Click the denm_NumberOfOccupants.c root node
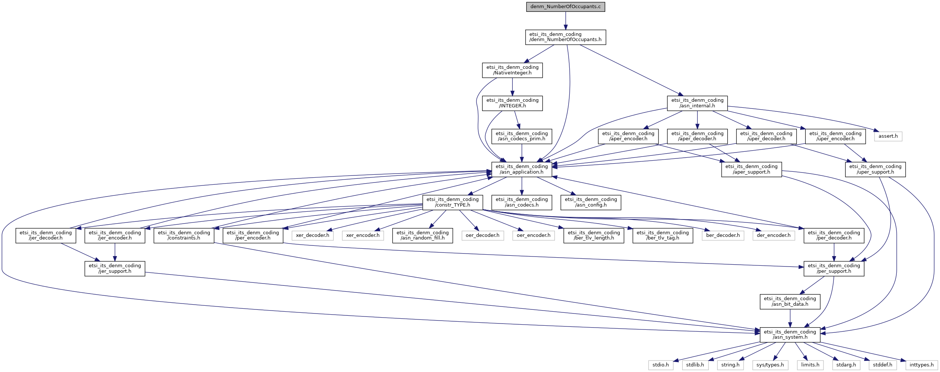[565, 7]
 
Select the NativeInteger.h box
[512, 70]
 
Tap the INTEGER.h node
[512, 103]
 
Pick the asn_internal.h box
[697, 103]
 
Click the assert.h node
[888, 136]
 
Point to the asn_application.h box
[521, 169]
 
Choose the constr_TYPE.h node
[452, 202]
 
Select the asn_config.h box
[590, 202]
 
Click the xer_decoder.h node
[312, 235]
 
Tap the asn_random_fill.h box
[422, 235]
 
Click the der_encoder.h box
[773, 235]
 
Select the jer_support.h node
[115, 268]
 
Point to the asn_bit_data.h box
[790, 301]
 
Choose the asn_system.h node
[790, 335]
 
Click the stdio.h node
[660, 365]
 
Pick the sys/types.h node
[770, 365]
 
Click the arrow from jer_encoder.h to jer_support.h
[115, 252]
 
